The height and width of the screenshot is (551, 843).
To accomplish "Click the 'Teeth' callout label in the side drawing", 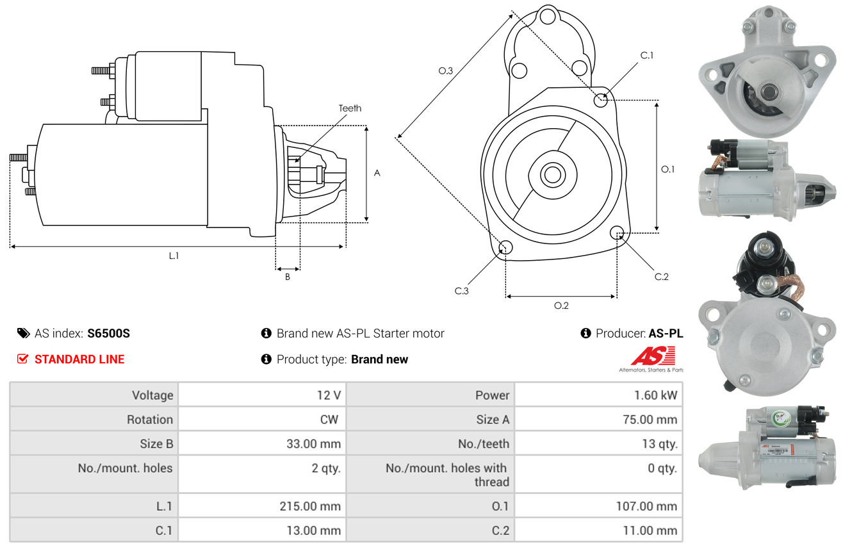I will [x=350, y=108].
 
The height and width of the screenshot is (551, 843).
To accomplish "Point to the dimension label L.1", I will [x=174, y=256].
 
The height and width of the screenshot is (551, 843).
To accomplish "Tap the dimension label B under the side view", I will [x=288, y=277].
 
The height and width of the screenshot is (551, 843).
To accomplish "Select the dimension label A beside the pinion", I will [x=377, y=173].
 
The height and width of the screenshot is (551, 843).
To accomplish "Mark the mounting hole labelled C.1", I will [x=601, y=100].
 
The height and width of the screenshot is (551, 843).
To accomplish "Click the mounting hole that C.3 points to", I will [x=505, y=248].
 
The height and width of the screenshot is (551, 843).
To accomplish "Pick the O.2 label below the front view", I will [x=561, y=306].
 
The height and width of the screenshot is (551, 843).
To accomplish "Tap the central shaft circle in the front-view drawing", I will [x=550, y=174].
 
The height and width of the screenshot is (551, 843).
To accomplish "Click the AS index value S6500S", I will [x=109, y=333].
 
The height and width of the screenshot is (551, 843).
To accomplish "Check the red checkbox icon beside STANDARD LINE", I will [x=22, y=359].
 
